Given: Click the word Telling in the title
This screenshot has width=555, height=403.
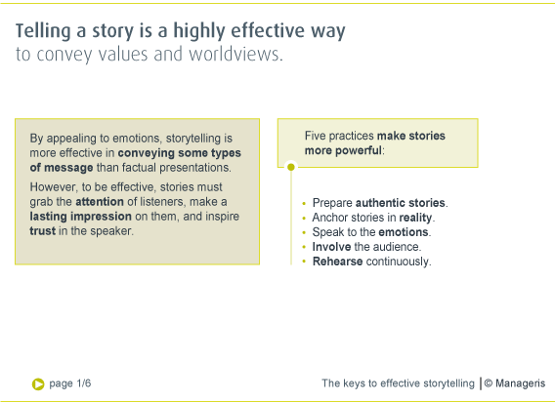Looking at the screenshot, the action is point(43,31).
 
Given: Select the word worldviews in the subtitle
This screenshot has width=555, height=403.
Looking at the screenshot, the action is point(235,54).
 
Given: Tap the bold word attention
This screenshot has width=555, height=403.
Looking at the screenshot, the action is point(100,202).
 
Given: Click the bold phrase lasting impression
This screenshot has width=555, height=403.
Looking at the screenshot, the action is point(81,217).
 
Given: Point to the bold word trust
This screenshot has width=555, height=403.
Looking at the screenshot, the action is point(42,231).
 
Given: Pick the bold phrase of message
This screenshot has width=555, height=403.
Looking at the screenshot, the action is point(62,168).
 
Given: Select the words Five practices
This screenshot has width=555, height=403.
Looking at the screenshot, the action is point(339,136).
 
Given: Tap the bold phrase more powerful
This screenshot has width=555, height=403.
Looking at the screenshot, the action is point(343,150).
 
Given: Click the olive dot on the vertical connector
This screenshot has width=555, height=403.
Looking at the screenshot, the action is point(291,167).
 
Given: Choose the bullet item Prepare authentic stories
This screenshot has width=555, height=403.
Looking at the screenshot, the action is point(380,203).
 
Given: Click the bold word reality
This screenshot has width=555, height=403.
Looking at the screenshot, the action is point(415,218).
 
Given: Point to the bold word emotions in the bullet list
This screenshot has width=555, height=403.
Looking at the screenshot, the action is point(404,232).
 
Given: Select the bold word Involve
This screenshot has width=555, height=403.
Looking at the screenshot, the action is point(331,247).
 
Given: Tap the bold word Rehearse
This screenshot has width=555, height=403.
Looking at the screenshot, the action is point(338,262).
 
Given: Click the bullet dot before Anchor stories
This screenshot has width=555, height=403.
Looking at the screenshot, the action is point(304,218).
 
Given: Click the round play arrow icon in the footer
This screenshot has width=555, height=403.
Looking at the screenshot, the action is point(38,384).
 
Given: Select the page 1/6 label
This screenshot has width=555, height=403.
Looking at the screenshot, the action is point(70,383).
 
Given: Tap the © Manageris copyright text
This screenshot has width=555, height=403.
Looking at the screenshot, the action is point(515,383).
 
